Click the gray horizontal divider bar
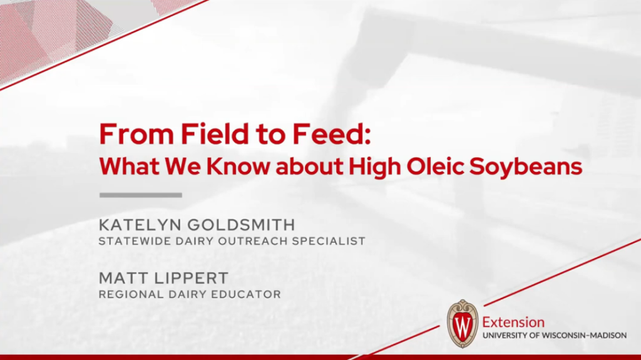click(x=141, y=195)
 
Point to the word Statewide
click(x=131, y=241)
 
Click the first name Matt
click(x=121, y=278)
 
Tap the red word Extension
click(x=513, y=322)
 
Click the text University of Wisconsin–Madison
click(x=554, y=336)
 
